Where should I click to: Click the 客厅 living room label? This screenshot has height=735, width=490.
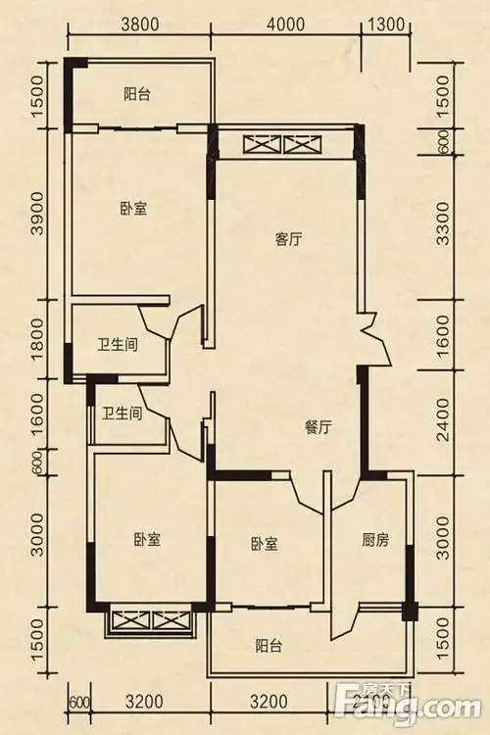coord(288,239)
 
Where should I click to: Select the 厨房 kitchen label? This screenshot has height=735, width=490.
coord(376,539)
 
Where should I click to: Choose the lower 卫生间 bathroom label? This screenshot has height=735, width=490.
coord(122,414)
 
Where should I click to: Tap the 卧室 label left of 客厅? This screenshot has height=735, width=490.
coord(133,208)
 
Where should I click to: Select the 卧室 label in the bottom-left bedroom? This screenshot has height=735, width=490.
coord(148,540)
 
